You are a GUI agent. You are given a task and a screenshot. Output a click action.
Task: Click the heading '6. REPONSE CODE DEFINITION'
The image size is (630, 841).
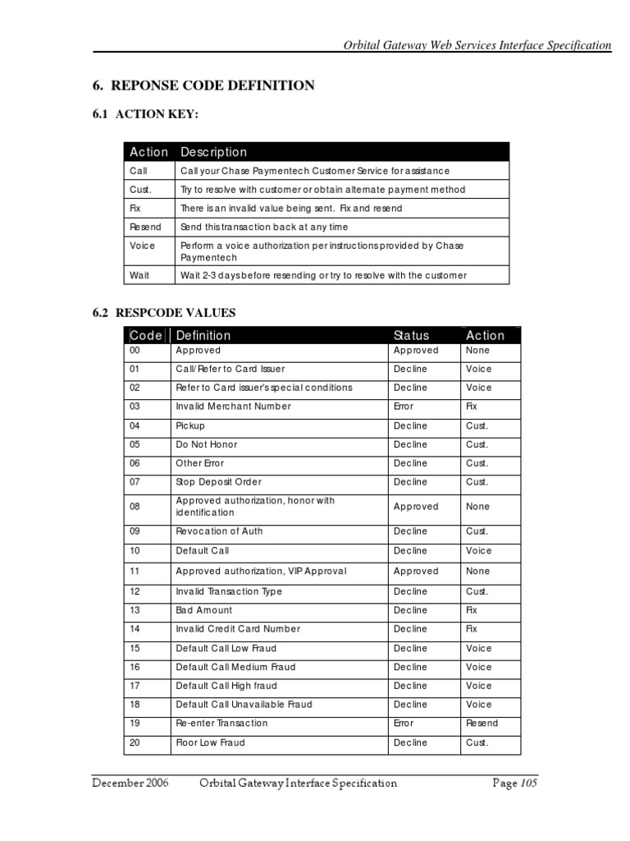200,85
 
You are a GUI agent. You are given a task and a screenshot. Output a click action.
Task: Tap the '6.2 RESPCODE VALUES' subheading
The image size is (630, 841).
163,312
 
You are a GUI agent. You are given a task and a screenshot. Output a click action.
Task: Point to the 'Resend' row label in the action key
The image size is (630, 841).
145,227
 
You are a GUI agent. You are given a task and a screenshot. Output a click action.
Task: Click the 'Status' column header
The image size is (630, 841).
411,335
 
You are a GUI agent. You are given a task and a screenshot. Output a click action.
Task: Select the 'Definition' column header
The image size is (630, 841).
203,335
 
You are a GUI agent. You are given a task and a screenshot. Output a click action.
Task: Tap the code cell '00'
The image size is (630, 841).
135,350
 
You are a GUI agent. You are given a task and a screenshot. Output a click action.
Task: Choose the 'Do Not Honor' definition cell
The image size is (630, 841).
207,444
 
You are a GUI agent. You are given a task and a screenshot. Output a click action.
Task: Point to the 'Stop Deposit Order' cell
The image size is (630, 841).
219,482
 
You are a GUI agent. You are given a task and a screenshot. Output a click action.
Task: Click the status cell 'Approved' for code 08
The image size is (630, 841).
416,507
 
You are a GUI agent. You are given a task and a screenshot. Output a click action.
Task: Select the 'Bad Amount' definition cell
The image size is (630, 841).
204,610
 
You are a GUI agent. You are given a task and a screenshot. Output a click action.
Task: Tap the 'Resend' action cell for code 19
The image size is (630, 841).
482,724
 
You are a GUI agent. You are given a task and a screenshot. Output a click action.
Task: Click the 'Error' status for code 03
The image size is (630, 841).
404,407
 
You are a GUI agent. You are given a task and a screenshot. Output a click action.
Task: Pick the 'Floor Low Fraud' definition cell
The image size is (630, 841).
210,742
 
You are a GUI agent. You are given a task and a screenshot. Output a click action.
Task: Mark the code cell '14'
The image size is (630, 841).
135,629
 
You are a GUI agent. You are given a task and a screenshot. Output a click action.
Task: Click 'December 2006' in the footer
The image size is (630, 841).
130,784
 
